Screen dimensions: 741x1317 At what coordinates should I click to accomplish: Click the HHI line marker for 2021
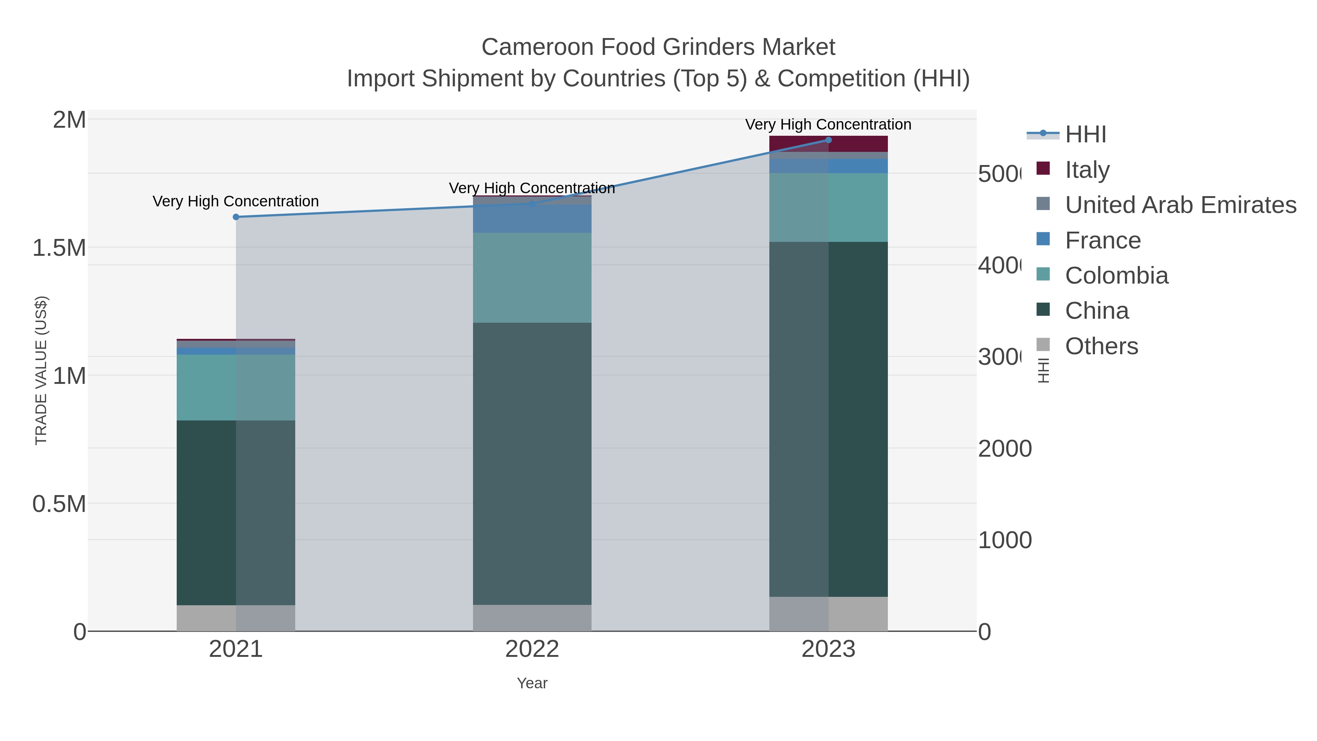pos(236,217)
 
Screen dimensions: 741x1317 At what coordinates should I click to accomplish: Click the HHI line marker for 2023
pos(828,140)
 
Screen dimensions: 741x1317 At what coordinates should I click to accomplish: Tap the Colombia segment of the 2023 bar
pos(828,207)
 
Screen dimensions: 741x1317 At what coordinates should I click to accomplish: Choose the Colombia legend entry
pos(1117,276)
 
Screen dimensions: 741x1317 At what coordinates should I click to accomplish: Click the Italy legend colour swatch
pos(1043,168)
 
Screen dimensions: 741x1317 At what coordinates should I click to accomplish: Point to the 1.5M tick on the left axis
pos(59,248)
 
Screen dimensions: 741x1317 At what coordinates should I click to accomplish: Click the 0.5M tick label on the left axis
pos(59,504)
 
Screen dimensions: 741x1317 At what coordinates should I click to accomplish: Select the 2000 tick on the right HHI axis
pos(1005,449)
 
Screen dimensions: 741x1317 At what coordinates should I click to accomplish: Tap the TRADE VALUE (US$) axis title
pos(41,370)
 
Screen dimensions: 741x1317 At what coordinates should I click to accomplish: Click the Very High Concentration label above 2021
pos(236,201)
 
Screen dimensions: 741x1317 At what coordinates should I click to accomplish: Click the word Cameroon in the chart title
pos(537,47)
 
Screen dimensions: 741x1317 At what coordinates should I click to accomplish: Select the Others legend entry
pos(1101,346)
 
